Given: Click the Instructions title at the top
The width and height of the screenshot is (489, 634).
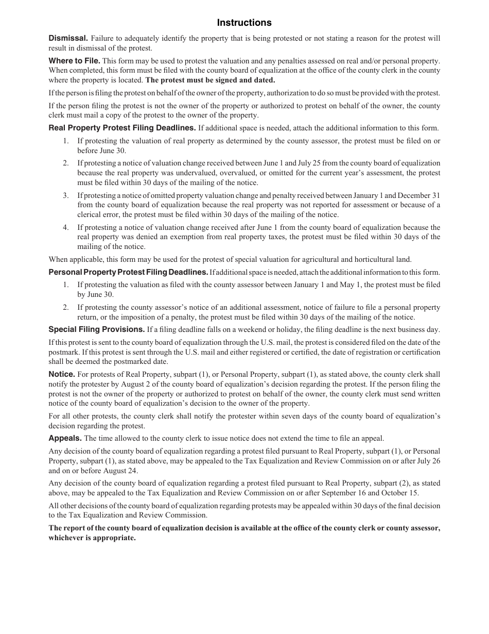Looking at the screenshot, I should tap(244, 23).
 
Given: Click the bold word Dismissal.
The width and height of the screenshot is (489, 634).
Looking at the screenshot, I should tap(68, 38).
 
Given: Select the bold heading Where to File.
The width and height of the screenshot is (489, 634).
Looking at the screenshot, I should tap(74, 60).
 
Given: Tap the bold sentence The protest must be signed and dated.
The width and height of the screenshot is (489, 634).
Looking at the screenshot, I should tap(210, 80).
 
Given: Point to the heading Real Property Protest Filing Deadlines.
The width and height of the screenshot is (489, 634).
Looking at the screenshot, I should tap(122, 128).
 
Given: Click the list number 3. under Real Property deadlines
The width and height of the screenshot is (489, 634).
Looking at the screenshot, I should tap(65, 195).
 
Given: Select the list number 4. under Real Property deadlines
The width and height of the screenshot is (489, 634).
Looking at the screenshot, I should tap(65, 227).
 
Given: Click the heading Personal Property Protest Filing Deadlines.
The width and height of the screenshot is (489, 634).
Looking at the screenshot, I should tap(128, 272).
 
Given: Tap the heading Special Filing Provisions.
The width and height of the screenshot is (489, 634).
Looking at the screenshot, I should tap(96, 329).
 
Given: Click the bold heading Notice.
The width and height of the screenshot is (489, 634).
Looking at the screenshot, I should tap(62, 374).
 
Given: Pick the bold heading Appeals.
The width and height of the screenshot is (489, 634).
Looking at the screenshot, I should tap(65, 438).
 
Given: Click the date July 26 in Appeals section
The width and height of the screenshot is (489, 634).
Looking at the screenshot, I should tap(428, 461).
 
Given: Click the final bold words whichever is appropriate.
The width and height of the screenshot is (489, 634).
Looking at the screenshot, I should tap(92, 538).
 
